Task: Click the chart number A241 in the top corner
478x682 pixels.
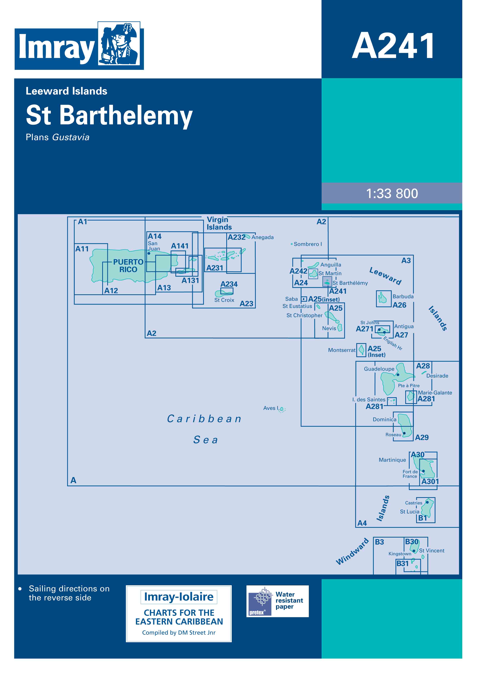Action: pyautogui.click(x=392, y=46)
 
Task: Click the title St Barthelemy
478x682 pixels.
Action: pyautogui.click(x=109, y=115)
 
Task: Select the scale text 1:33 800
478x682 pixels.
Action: pyautogui.click(x=392, y=193)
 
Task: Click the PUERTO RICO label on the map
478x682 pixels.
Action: pyautogui.click(x=128, y=266)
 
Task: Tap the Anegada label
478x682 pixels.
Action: pyautogui.click(x=262, y=237)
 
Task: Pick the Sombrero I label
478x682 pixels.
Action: pyautogui.click(x=308, y=244)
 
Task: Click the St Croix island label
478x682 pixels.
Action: pyautogui.click(x=224, y=300)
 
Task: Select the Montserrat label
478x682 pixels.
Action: pyautogui.click(x=341, y=350)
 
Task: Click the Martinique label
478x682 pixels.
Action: pyautogui.click(x=392, y=460)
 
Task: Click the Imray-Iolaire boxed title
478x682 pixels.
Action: pyautogui.click(x=179, y=597)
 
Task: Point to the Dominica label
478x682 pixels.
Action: pyautogui.click(x=384, y=419)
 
